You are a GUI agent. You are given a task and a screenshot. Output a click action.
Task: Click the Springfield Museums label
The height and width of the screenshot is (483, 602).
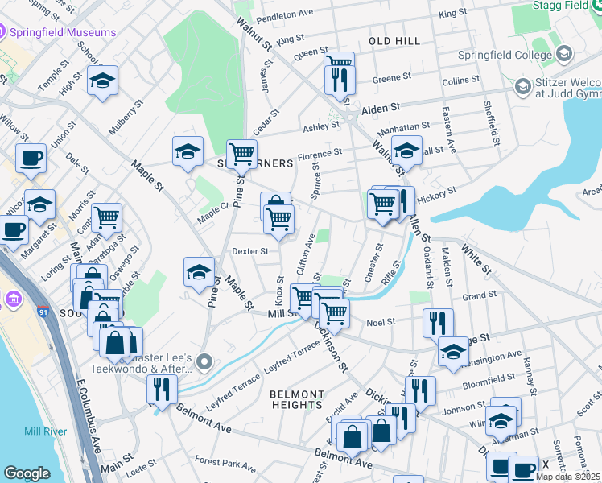[63, 33]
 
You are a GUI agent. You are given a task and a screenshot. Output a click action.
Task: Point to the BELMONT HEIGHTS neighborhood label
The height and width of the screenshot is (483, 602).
[297, 400]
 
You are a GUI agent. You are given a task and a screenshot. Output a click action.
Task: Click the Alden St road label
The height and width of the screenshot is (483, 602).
[381, 108]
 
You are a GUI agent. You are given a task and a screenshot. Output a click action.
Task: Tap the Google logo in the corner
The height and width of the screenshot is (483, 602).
[27, 473]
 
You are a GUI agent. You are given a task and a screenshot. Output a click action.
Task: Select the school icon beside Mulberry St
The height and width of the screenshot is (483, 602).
[103, 80]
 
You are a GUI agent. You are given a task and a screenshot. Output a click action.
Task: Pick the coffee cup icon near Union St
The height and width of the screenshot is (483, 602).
[31, 158]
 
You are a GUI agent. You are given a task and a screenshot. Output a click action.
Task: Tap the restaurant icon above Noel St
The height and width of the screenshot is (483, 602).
[438, 324]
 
